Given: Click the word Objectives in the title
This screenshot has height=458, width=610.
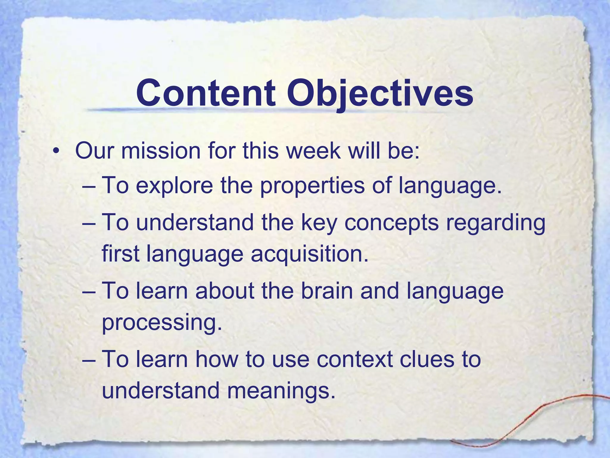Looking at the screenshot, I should [x=380, y=93].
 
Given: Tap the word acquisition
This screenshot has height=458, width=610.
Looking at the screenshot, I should [x=309, y=254].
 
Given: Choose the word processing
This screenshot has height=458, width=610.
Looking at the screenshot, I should [x=162, y=323].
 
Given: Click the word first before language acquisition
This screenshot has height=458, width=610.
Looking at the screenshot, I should [x=121, y=254].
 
